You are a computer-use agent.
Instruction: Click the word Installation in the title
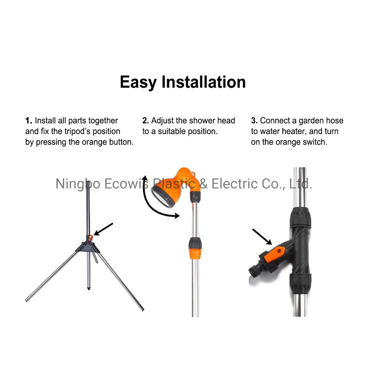pos(204,82)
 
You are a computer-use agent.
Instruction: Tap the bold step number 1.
pos(29,121)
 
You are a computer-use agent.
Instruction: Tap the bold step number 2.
pos(146,121)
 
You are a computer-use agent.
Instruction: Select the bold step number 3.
pos(254,121)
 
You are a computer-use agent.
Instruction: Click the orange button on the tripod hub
pos(90,237)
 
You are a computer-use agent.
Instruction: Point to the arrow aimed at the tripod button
pos(103,229)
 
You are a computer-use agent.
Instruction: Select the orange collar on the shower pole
pos(194,253)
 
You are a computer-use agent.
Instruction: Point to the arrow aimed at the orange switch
pos(262,236)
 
